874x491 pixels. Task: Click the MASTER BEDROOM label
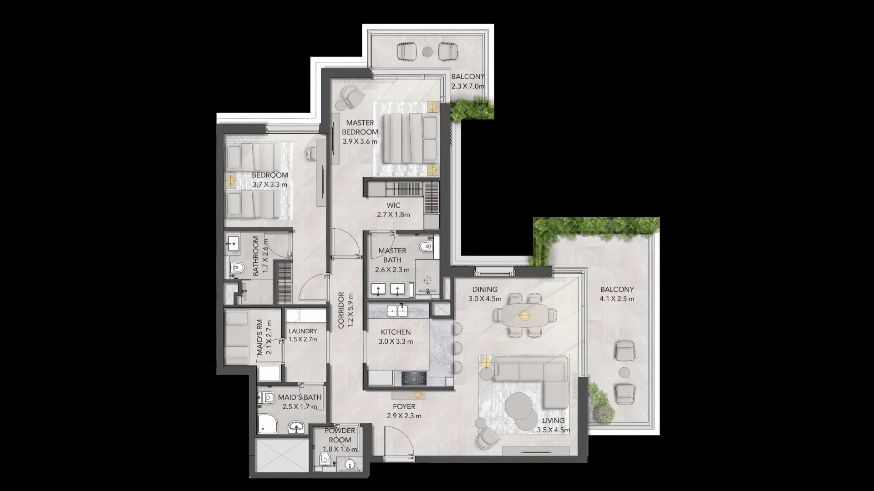pos(360,127)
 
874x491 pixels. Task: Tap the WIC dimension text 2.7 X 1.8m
pos(393,215)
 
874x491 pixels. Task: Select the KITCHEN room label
pos(396,332)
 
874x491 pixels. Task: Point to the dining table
pos(525,315)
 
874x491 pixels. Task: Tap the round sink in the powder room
pos(350,465)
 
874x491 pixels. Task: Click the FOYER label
pos(404,406)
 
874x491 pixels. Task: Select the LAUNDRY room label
pos(303,331)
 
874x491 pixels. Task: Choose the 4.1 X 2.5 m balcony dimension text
pos(617,299)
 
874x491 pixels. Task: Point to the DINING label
pos(485,289)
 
